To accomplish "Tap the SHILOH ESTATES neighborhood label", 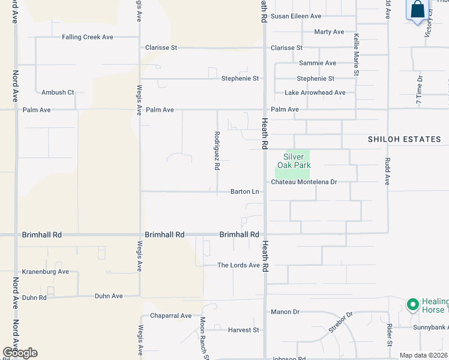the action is [404, 139].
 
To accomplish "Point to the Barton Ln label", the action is [245, 192].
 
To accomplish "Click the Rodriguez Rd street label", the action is [217, 151].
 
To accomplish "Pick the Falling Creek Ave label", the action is [88, 37].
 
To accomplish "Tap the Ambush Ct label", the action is [58, 92].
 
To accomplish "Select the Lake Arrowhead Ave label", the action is [315, 93].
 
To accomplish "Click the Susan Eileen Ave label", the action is [296, 16].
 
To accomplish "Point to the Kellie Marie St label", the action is [355, 55].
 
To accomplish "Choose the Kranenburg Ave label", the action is [46, 272].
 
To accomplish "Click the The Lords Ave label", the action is [238, 265].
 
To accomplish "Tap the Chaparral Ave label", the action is [170, 316].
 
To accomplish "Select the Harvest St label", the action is [243, 330].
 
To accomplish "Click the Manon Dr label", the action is [285, 312].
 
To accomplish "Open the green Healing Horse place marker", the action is [412, 305].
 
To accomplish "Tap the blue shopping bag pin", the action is [417, 10].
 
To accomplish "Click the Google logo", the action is [20, 353].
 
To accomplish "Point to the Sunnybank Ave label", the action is [430, 328].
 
